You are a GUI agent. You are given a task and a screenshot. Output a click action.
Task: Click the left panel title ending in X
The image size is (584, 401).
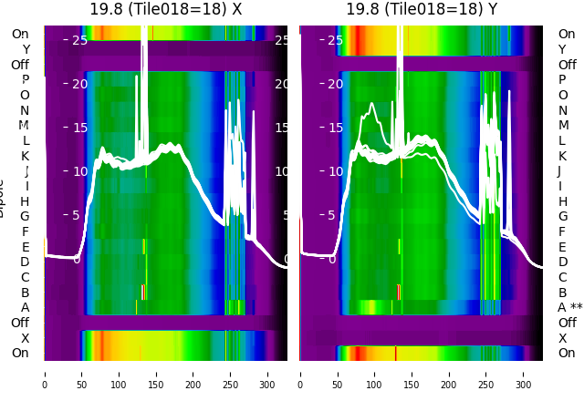pos(165,9)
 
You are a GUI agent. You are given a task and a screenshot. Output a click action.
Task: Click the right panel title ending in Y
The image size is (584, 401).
pos(422,9)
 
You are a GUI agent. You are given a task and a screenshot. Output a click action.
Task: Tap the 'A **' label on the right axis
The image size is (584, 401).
pos(570,307)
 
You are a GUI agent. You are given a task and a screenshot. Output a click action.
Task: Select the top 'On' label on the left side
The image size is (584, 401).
pos(20,34)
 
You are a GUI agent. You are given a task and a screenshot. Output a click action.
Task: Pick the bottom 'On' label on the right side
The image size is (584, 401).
pos(567,353)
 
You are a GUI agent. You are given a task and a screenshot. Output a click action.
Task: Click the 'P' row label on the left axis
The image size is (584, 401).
pos(26,79)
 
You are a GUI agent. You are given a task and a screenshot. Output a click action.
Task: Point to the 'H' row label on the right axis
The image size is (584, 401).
pos(562,201)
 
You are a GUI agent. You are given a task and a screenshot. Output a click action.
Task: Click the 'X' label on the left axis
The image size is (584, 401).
pos(26,338)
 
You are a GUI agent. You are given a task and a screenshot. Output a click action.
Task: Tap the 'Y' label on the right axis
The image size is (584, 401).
pos(562,49)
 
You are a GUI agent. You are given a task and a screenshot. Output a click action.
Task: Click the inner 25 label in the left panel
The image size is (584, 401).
pos(79,40)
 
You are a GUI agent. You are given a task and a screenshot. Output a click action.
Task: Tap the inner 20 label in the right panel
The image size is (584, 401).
pos(336,84)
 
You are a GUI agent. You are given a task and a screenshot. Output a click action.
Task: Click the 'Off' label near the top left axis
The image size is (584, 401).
pos(20,65)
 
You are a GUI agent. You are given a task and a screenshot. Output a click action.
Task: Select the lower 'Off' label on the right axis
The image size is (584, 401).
pos(567,323)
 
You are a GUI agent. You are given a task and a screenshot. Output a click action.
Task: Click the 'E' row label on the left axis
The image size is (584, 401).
pos(26,247)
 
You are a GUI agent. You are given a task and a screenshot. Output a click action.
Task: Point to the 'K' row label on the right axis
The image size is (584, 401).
pos(562,156)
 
